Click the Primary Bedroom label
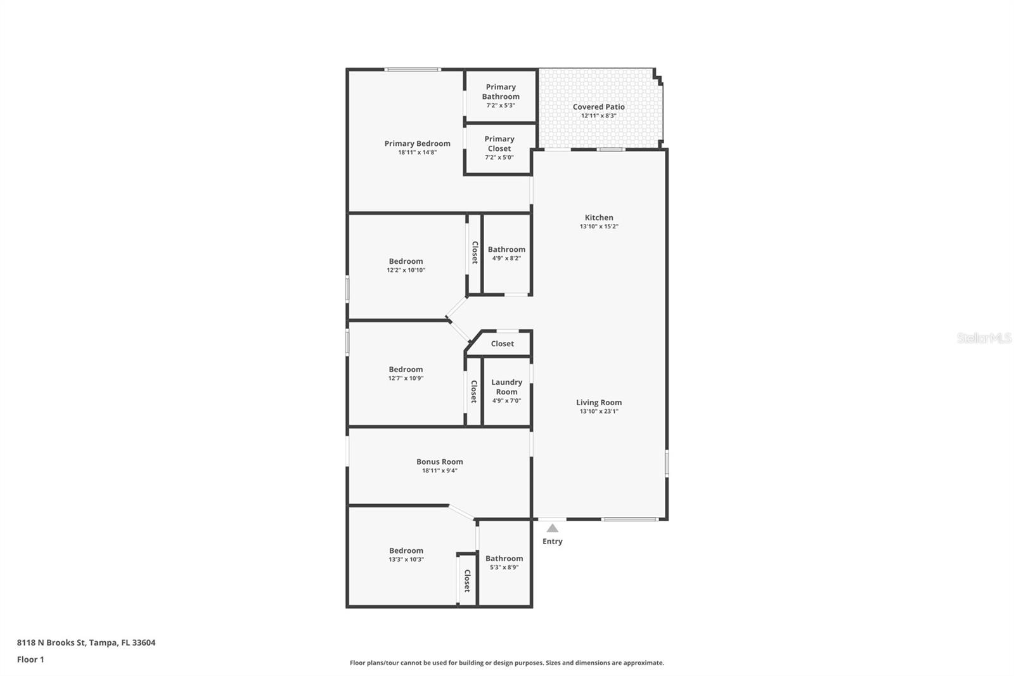tap(417, 143)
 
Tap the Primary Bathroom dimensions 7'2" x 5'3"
tap(501, 105)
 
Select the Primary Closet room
tap(499, 148)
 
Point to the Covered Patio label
tap(598, 107)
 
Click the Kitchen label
tap(598, 218)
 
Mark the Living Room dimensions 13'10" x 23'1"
tap(598, 412)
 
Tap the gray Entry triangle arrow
tap(553, 528)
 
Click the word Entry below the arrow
tap(552, 541)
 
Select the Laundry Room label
tap(506, 387)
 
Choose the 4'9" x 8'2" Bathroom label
tap(506, 249)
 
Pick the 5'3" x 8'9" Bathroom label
tap(504, 559)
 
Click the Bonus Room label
tap(439, 462)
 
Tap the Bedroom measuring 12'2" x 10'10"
tap(406, 261)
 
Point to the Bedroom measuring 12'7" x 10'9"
tap(406, 370)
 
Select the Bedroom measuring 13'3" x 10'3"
tap(406, 551)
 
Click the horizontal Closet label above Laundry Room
tap(502, 344)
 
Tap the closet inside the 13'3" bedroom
tap(467, 580)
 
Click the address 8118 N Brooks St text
tap(86, 642)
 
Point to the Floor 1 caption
tap(30, 660)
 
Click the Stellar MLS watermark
tap(984, 338)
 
